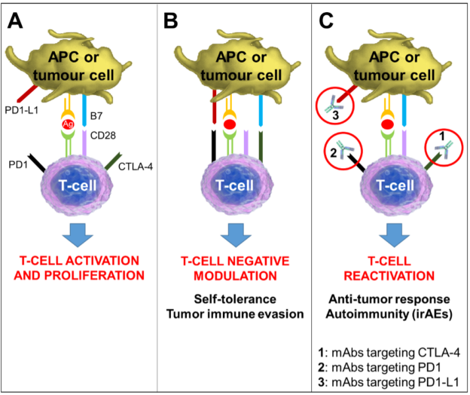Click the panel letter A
click(15, 20)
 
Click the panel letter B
click(170, 20)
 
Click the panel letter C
click(326, 20)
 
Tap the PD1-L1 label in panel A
click(22, 110)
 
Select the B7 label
click(96, 116)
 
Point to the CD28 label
click(102, 136)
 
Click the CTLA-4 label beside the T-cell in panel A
click(136, 167)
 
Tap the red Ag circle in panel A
click(68, 124)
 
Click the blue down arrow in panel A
click(78, 235)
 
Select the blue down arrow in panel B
click(236, 235)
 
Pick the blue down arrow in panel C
click(394, 235)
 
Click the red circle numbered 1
click(444, 148)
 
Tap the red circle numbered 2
click(343, 151)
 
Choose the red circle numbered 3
click(335, 106)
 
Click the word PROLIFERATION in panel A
click(94, 275)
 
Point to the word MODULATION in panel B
click(235, 276)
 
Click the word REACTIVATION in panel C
click(389, 276)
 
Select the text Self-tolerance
click(235, 299)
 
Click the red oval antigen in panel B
click(230, 124)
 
